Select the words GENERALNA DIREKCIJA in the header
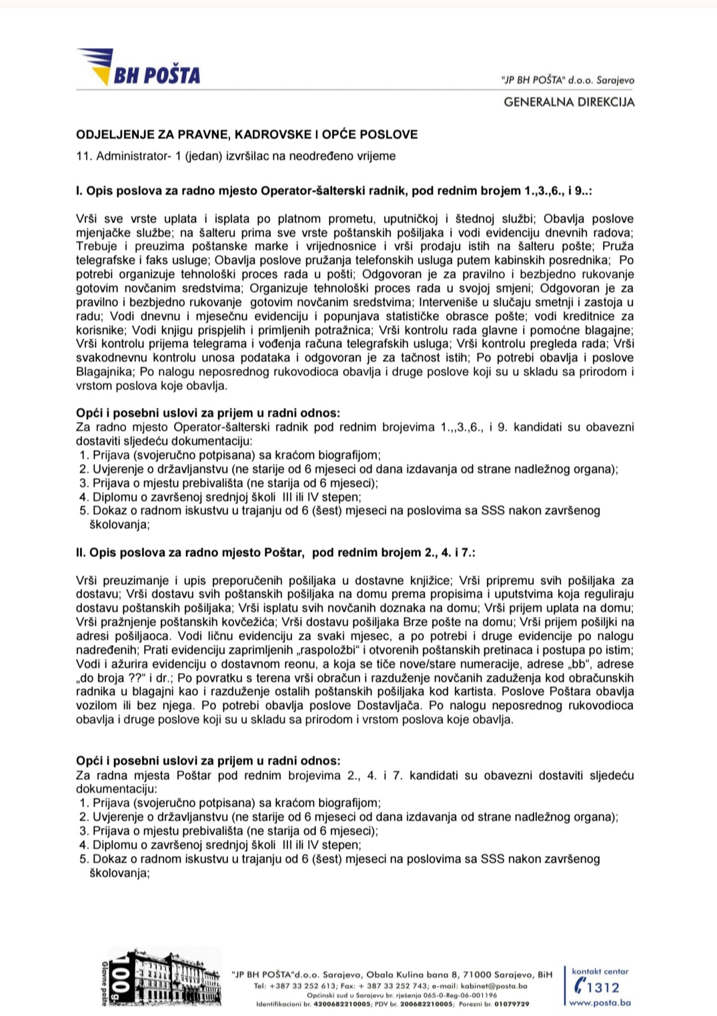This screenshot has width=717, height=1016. pos(569,102)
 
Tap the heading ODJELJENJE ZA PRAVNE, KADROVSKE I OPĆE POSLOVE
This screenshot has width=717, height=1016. pos(247,134)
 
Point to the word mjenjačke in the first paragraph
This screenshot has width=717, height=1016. pos(107,233)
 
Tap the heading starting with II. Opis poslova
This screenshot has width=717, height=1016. pos(275,553)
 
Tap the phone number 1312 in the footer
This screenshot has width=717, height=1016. pos(603,987)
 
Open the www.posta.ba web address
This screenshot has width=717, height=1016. pos(600,1003)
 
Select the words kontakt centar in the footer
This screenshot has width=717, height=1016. pos(600,972)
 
